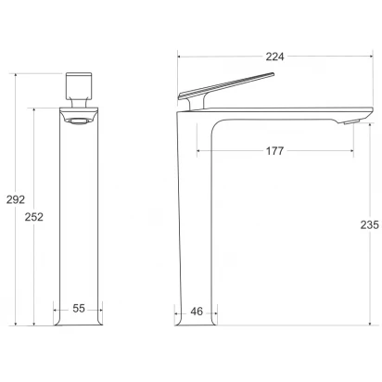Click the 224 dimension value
[x=274, y=57]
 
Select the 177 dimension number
[x=274, y=151]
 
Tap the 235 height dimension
[x=370, y=224]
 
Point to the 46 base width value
[x=197, y=312]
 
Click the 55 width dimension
[x=79, y=308]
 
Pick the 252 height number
[x=34, y=217]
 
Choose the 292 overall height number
[x=16, y=199]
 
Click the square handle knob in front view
[x=79, y=85]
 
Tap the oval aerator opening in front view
[x=79, y=121]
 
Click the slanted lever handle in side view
[x=226, y=85]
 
